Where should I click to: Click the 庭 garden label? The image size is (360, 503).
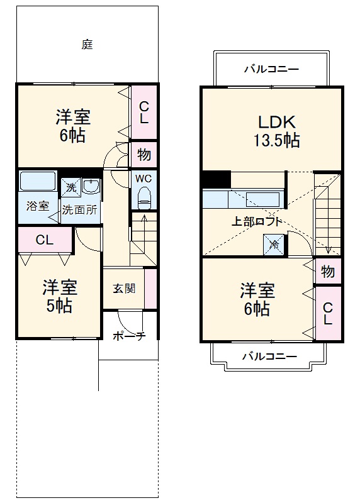pyautogui.click(x=87, y=45)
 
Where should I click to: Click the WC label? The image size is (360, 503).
pyautogui.click(x=144, y=177)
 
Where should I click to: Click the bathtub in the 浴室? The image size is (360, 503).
pyautogui.click(x=38, y=180)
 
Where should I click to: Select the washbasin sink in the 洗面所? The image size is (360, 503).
pyautogui.click(x=91, y=187)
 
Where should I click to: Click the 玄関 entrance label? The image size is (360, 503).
pyautogui.click(x=123, y=289)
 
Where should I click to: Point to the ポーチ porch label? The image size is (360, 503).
pyautogui.click(x=129, y=336)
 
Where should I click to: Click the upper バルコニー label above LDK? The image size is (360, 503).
pyautogui.click(x=271, y=69)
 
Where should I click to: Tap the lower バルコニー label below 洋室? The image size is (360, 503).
pyautogui.click(x=270, y=357)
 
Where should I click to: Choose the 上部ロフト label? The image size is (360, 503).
pyautogui.click(x=254, y=221)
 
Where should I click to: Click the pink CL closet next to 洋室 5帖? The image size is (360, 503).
pyautogui.click(x=44, y=240)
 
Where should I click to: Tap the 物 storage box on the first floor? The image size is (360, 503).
pyautogui.click(x=143, y=155)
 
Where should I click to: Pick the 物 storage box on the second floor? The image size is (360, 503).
pyautogui.click(x=328, y=272)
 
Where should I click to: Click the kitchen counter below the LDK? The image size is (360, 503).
pyautogui.click(x=242, y=200)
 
